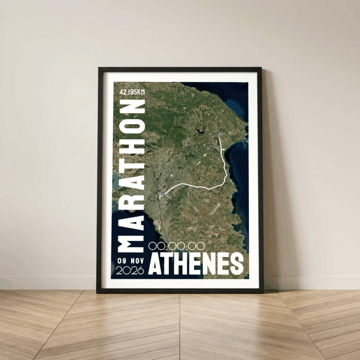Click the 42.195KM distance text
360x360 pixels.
pos(132,92)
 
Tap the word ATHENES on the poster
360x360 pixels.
pos(196,264)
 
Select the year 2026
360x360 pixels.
pos(130,270)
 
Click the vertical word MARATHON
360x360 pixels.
pos(131,175)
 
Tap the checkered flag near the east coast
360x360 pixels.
pos(221,134)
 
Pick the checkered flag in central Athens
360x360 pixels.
pos(162,194)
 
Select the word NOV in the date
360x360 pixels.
pos(135,261)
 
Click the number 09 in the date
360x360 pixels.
pos(121,261)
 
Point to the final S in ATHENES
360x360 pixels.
pos(236,264)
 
